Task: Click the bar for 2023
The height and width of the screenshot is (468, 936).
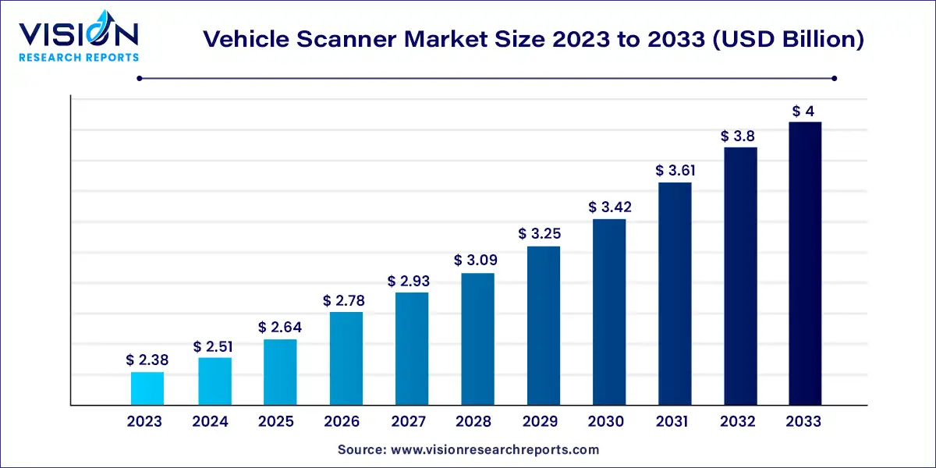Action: (x=147, y=388)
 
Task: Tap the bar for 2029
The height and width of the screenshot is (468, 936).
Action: (x=543, y=326)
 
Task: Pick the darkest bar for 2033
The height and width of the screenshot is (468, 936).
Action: (x=804, y=264)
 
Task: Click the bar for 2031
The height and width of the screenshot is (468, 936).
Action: (x=675, y=294)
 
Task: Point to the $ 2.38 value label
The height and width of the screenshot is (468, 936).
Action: (x=147, y=360)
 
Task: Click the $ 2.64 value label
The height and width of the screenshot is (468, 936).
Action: (x=279, y=327)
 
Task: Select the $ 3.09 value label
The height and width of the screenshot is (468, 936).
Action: (x=477, y=261)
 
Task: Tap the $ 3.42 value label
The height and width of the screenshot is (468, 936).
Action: (x=609, y=207)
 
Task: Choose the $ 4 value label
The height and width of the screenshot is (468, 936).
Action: (x=804, y=111)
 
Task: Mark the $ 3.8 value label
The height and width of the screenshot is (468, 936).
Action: (x=740, y=136)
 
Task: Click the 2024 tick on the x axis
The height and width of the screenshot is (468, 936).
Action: (x=210, y=422)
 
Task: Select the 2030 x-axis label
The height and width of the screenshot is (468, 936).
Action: (x=606, y=422)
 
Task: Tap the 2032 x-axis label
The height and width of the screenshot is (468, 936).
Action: (x=738, y=422)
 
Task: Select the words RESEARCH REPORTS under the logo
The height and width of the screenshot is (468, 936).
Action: (x=79, y=57)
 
